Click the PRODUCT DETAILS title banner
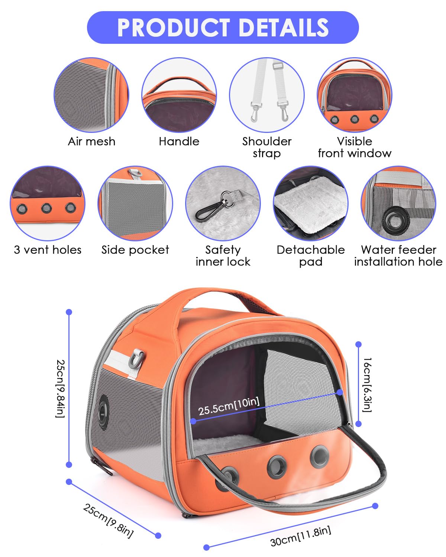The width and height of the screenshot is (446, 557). [223, 27]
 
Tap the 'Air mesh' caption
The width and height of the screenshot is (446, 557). [91, 141]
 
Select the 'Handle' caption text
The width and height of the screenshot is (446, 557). [179, 141]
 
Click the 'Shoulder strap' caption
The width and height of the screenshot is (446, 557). [267, 147]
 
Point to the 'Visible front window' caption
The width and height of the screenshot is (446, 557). [355, 147]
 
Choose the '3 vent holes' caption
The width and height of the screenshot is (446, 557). [48, 250]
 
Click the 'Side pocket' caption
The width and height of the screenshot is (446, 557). [135, 250]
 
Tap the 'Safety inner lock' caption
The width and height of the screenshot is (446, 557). [223, 256]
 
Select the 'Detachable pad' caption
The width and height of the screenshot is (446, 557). [311, 256]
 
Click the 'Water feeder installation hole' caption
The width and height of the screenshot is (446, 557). [398, 256]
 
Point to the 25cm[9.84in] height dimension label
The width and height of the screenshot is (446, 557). [60, 389]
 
